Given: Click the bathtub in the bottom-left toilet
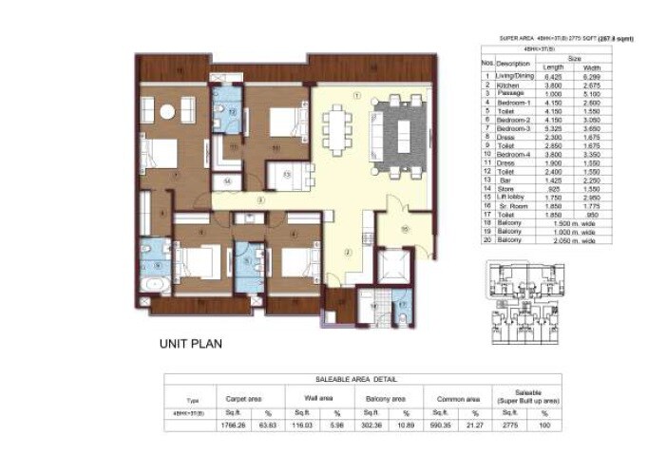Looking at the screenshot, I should point(154,285).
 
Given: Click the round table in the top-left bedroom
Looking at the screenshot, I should point(166,112).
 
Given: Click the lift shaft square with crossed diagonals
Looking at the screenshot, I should point(394,263).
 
